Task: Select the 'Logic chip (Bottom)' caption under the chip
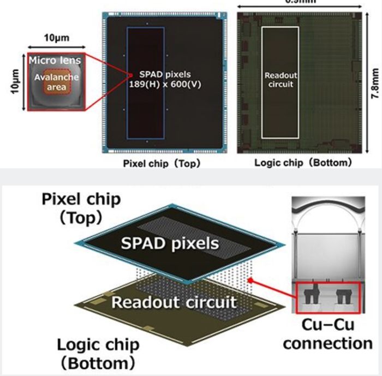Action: click(303, 163)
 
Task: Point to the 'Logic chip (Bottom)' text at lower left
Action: click(99, 352)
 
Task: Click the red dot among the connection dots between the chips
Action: click(250, 280)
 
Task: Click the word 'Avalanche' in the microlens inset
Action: click(55, 77)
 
